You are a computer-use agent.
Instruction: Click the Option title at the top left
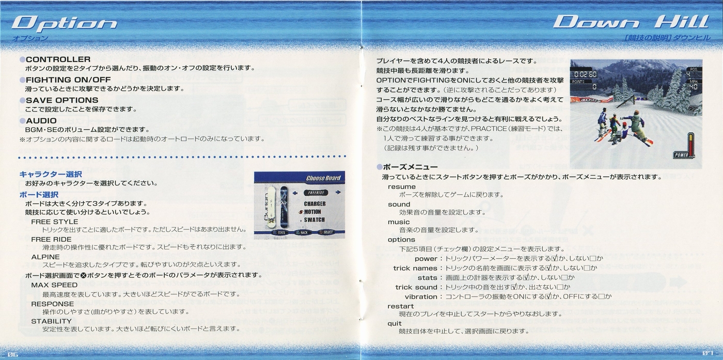tap(64, 24)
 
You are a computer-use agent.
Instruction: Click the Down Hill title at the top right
tap(631, 22)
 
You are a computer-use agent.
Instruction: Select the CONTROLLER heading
tap(58, 59)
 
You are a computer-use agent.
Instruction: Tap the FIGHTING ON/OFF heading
tap(68, 80)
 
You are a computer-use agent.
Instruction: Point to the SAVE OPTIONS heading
tap(62, 100)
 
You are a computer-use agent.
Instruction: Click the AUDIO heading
tap(41, 121)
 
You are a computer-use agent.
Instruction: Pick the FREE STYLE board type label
tap(55, 222)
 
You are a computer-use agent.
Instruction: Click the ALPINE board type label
tap(45, 257)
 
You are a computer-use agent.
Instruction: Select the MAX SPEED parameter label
tap(54, 285)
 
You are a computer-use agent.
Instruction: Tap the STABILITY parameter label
tap(51, 321)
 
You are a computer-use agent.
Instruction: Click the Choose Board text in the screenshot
tap(323, 178)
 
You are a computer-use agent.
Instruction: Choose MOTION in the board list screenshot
tap(312, 212)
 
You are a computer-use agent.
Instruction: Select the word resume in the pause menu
tap(402, 186)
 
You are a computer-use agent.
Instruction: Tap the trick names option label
tap(415, 268)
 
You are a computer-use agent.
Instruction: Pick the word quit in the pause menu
tap(395, 323)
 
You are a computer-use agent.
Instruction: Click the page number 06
tap(13, 354)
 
